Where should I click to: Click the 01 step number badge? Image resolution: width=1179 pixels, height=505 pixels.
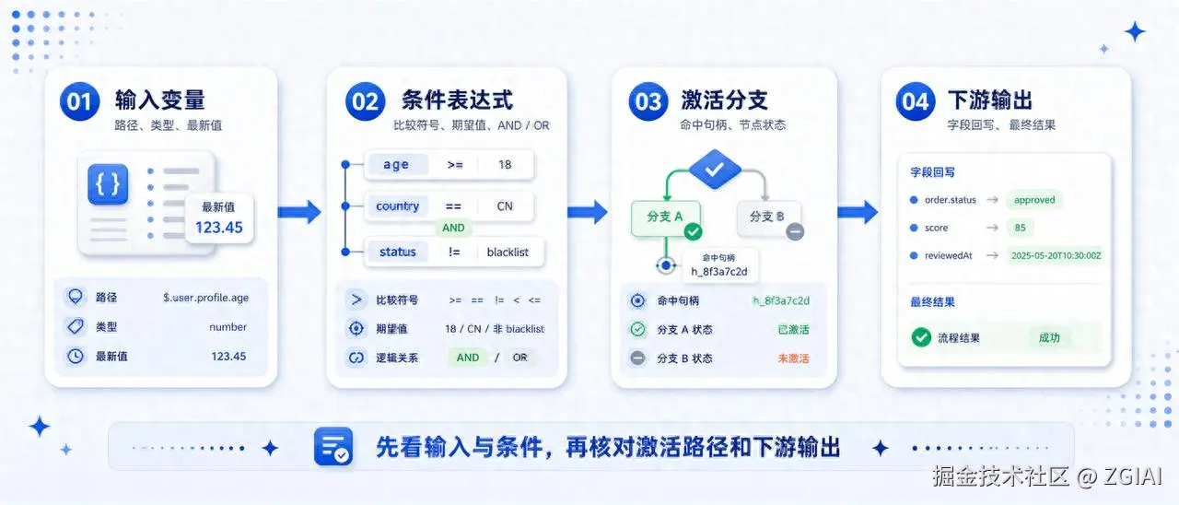coord(79,101)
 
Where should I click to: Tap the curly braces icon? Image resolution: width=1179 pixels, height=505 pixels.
coord(108,183)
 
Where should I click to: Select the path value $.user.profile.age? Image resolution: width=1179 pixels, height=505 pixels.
coord(205,298)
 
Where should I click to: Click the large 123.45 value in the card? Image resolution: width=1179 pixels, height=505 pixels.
coord(219,228)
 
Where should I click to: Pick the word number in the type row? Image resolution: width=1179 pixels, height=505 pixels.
coord(228,327)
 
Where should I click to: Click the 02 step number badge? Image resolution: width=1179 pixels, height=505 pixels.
coord(366,101)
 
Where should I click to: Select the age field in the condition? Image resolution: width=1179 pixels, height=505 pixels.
coord(396,164)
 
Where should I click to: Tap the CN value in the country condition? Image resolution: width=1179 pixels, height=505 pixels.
coord(505,206)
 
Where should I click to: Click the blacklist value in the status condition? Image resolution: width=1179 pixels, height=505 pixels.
coord(508,252)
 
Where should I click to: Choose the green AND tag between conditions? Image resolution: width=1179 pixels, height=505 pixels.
coord(453,228)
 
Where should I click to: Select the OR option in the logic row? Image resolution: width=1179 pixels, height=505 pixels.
coord(520,358)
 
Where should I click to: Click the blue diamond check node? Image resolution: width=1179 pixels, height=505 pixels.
coord(715,169)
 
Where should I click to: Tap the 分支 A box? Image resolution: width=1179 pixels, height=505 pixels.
coord(666,217)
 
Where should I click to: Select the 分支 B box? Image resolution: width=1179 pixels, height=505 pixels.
coord(768,217)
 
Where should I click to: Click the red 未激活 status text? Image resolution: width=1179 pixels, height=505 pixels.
coord(793,358)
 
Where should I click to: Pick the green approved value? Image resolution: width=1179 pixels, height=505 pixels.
coord(1034,200)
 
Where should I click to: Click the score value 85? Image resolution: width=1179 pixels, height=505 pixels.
coord(1020,228)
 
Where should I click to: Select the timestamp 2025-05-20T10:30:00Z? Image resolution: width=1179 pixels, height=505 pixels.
coord(1056,255)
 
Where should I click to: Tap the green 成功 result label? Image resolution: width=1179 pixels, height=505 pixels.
coord(1049,337)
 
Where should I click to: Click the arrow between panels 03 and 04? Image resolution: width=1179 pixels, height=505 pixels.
coord(858,212)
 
